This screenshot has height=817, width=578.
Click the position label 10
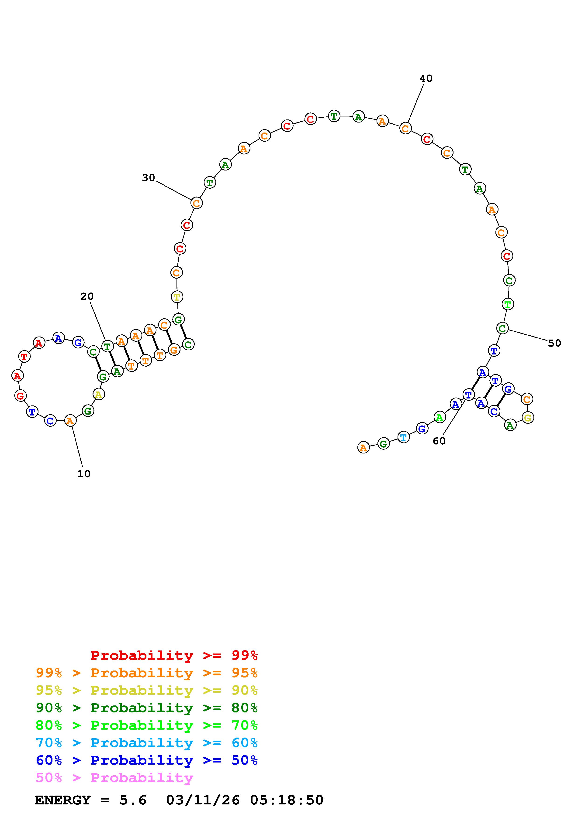click(x=84, y=474)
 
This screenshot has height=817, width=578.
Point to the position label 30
click(x=149, y=177)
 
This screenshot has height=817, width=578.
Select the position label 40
click(x=426, y=78)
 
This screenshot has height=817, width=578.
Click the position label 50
click(x=554, y=343)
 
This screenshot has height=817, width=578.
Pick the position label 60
click(x=439, y=441)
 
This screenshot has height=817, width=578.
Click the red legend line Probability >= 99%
click(x=174, y=655)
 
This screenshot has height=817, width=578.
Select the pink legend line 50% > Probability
click(x=114, y=777)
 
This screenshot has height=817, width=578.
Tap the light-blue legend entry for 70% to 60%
click(x=147, y=743)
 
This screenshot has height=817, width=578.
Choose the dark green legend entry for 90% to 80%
click(x=147, y=708)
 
